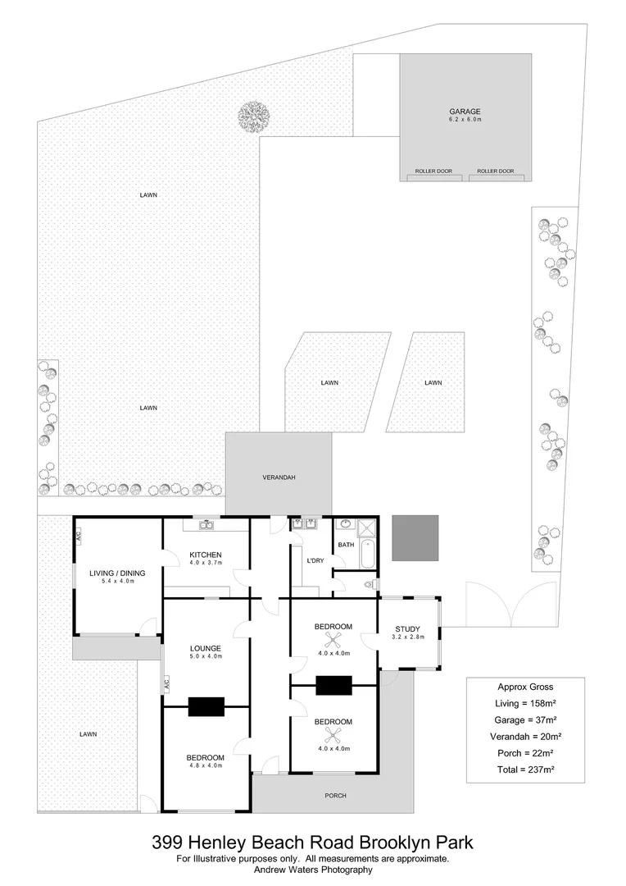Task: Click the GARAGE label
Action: pyautogui.click(x=465, y=112)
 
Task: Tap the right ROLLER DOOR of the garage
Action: pyautogui.click(x=496, y=172)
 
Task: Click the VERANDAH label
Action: pyautogui.click(x=279, y=477)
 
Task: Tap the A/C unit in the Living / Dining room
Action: pyautogui.click(x=79, y=537)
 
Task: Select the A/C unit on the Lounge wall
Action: pyautogui.click(x=166, y=683)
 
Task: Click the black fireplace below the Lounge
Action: pyautogui.click(x=206, y=706)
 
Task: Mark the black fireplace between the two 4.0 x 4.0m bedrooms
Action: pyautogui.click(x=333, y=684)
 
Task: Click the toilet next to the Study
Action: pyautogui.click(x=371, y=584)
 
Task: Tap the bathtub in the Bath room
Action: pyautogui.click(x=366, y=555)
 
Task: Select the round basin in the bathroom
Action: pyautogui.click(x=344, y=525)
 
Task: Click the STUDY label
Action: pyautogui.click(x=407, y=629)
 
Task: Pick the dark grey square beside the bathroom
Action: pyautogui.click(x=415, y=538)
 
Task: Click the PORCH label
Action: pyautogui.click(x=335, y=795)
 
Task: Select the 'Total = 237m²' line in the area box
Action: pyautogui.click(x=525, y=769)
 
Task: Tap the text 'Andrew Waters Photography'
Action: pyautogui.click(x=313, y=870)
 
